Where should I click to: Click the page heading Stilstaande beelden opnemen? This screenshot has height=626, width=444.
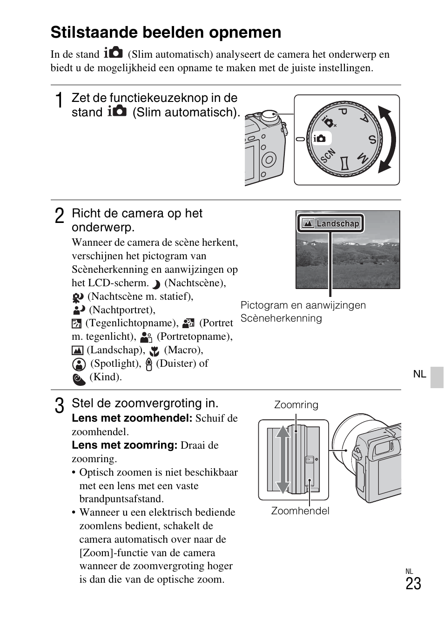pyautogui.click(x=166, y=33)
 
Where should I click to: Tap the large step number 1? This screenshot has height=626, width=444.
pyautogui.click(x=59, y=101)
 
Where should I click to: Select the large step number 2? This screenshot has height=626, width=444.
pyautogui.click(x=59, y=216)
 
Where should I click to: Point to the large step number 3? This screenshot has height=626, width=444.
pyautogui.click(x=59, y=406)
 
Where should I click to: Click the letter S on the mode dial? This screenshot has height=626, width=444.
pyautogui.click(x=372, y=139)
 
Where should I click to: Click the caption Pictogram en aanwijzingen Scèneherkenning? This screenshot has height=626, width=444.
pyautogui.click(x=303, y=311)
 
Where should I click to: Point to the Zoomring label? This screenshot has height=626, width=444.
pyautogui.click(x=296, y=405)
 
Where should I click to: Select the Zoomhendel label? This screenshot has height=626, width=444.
pyautogui.click(x=300, y=511)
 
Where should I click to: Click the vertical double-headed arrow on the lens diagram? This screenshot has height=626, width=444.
pyautogui.click(x=283, y=459)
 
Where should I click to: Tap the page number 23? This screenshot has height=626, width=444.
pyautogui.click(x=413, y=584)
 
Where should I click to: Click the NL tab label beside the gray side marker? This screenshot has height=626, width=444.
pyautogui.click(x=419, y=374)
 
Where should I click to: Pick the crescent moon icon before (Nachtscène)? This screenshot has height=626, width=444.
pyautogui.click(x=156, y=284)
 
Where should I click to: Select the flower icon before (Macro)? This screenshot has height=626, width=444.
pyautogui.click(x=155, y=351)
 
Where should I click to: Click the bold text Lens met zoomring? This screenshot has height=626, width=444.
pyautogui.click(x=124, y=445)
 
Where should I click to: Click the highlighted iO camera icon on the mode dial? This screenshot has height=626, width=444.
pyautogui.click(x=321, y=138)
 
